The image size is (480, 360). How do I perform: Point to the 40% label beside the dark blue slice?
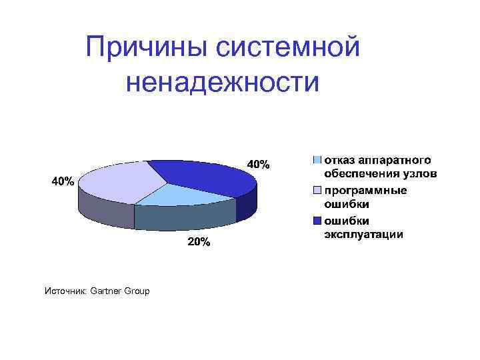259,164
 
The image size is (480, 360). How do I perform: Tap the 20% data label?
198,243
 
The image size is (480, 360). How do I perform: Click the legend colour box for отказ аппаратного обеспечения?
318,160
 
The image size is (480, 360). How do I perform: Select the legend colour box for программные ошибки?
318,191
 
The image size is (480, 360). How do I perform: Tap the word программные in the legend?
365,191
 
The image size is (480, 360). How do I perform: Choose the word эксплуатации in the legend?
363,235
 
